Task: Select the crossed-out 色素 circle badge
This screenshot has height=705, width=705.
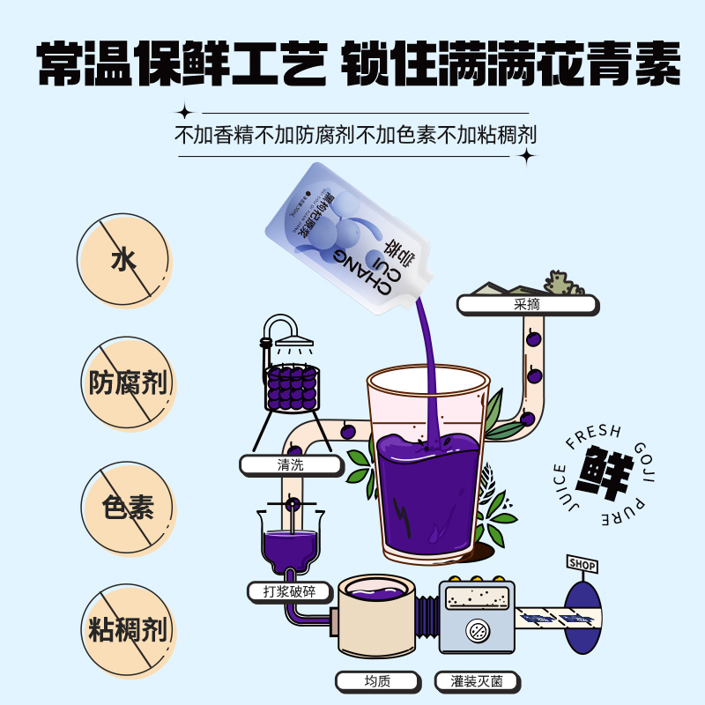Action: click(x=127, y=508)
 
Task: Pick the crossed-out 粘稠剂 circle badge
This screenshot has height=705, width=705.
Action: click(x=127, y=629)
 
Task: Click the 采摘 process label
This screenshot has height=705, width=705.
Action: click(x=526, y=305)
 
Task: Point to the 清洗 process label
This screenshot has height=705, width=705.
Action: click(x=290, y=465)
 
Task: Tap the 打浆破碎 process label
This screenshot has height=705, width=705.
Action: click(x=290, y=591)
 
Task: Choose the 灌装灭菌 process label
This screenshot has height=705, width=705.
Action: click(x=476, y=681)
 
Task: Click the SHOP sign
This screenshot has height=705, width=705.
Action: click(x=582, y=565)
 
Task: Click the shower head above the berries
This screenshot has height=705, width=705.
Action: click(x=291, y=332)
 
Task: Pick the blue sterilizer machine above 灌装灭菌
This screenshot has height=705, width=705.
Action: click(x=476, y=617)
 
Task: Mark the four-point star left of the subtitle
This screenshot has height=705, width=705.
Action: click(x=184, y=113)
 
